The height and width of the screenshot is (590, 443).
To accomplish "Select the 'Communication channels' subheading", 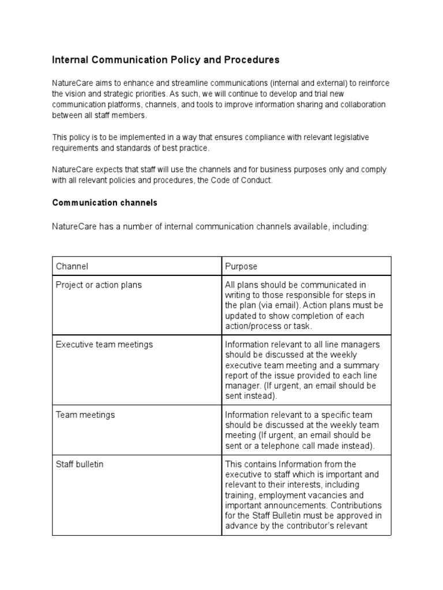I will (x=104, y=203).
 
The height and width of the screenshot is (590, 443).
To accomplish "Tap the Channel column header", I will (x=72, y=266).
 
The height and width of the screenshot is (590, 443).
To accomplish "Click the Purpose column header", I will (x=241, y=266).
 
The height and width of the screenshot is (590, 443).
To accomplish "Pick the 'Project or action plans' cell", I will (x=99, y=285).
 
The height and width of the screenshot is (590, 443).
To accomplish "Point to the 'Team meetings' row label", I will (x=85, y=414).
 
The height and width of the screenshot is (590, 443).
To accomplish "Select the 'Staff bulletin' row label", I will (x=80, y=464).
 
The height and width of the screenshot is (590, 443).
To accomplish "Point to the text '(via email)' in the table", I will (x=265, y=305).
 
